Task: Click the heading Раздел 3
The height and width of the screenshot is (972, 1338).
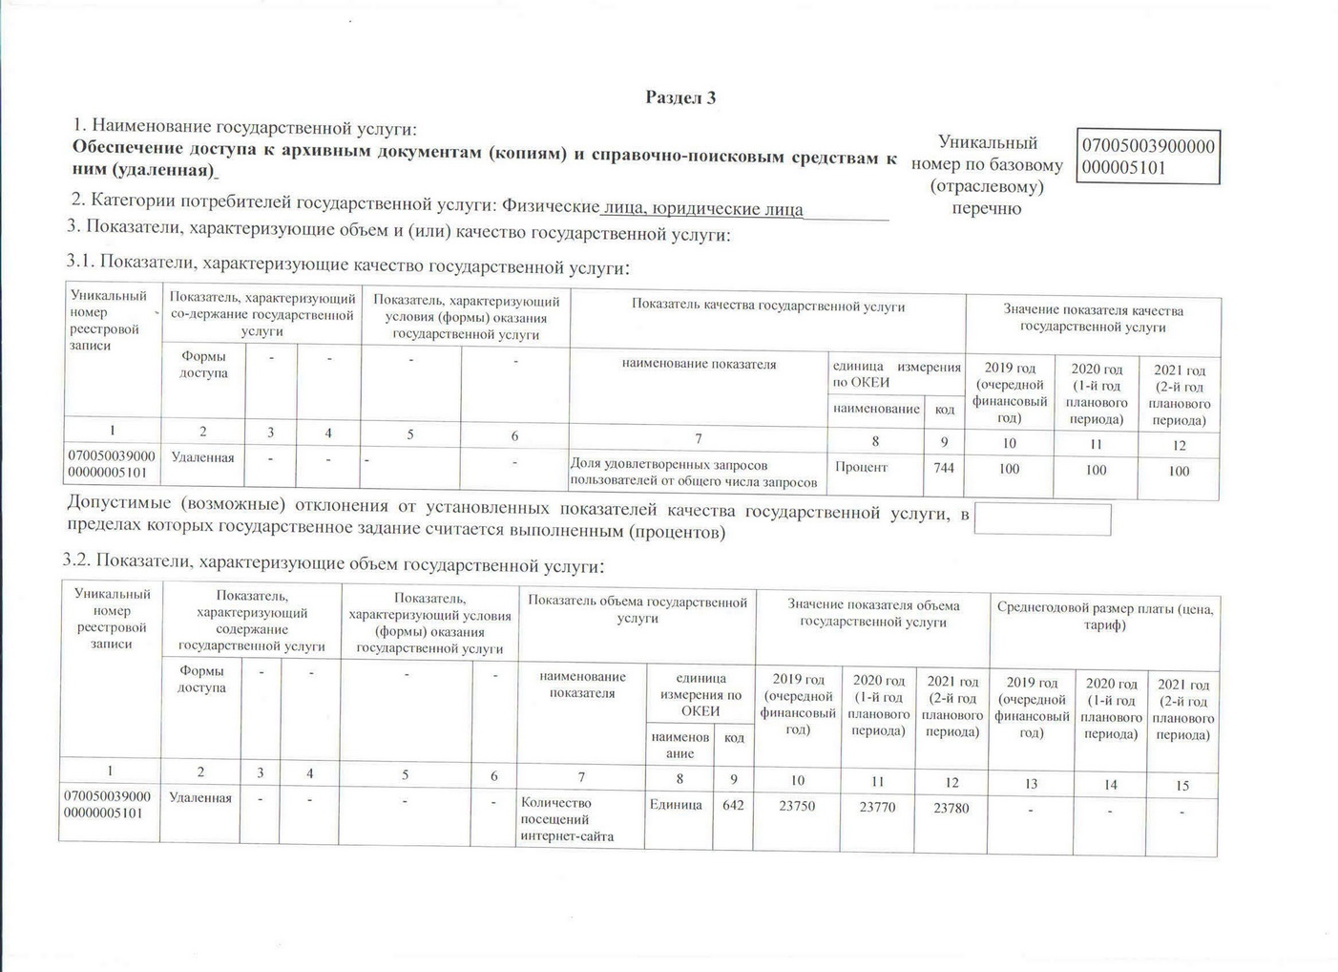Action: click(680, 97)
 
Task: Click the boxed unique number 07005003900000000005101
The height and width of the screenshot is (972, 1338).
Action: click(1147, 157)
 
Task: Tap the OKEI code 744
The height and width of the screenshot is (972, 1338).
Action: click(943, 468)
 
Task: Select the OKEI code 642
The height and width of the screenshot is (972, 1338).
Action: click(733, 805)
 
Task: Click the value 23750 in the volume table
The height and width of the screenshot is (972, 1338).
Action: click(797, 806)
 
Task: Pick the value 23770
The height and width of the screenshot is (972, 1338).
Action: click(877, 807)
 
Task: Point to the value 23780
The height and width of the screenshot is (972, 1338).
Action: click(951, 808)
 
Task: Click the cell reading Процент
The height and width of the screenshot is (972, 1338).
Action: click(861, 467)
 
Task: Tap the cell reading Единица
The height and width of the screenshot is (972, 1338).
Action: click(676, 805)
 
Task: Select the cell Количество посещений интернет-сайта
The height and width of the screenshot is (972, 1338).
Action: click(567, 819)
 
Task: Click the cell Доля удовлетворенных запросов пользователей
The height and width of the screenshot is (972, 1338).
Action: click(693, 474)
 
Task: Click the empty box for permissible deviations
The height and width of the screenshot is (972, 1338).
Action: click(1042, 519)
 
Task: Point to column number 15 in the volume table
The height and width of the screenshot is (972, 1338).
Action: click(1182, 785)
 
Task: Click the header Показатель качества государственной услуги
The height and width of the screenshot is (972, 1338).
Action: click(767, 306)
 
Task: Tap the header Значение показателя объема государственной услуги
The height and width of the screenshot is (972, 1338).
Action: click(873, 613)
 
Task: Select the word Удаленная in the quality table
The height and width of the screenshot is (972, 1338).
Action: click(202, 457)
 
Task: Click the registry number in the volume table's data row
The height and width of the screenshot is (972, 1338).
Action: click(107, 804)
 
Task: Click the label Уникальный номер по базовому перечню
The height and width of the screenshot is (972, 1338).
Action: click(987, 176)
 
